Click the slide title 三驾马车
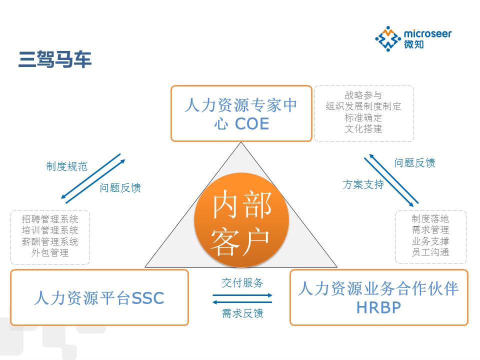(55, 59)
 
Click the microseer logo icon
(387, 39)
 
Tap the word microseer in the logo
(427, 33)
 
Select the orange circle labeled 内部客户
(241, 220)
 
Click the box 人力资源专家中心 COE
(241, 113)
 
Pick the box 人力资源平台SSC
(99, 298)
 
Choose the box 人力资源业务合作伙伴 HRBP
(378, 297)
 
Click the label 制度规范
(66, 166)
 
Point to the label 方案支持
(363, 184)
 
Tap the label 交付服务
(242, 282)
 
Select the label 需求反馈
(242, 313)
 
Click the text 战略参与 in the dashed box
(363, 95)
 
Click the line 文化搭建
(363, 128)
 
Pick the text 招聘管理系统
(50, 219)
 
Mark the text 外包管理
(50, 252)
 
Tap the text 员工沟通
(430, 252)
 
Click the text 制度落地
(430, 219)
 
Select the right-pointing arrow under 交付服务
(242, 295)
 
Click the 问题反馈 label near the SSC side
(120, 188)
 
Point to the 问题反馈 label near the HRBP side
(414, 163)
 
